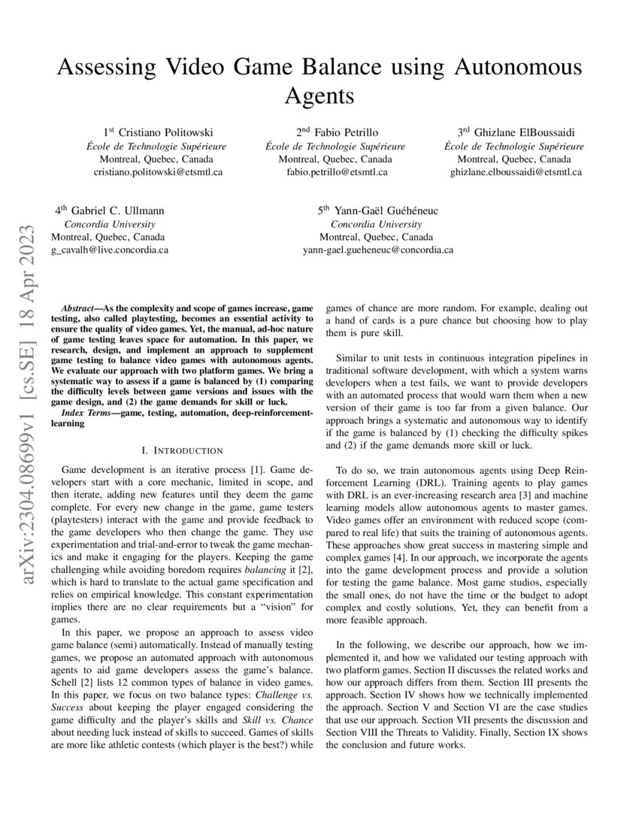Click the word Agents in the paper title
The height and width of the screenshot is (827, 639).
[x=319, y=95]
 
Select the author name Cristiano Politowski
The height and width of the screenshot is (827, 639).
[x=163, y=133]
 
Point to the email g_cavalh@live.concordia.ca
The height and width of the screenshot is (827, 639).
[x=110, y=250]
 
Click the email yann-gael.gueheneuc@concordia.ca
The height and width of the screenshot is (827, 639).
[x=378, y=250]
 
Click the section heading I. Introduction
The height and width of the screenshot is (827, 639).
[x=182, y=450]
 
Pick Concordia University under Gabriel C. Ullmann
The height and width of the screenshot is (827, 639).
[x=110, y=224]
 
